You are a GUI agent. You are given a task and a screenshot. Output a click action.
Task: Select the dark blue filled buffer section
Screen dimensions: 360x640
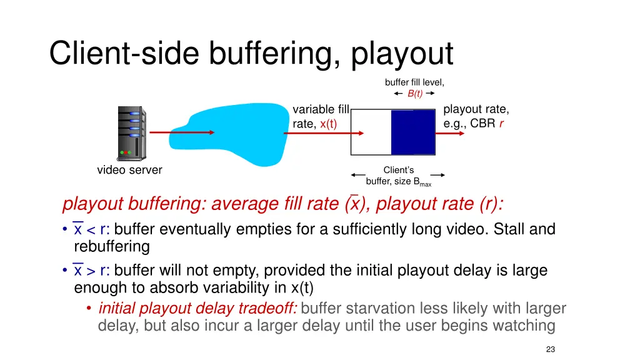click(x=412, y=132)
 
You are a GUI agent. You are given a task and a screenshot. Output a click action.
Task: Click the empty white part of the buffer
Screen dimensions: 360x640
click(x=371, y=132)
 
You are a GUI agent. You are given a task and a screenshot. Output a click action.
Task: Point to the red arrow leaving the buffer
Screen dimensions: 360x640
click(x=459, y=132)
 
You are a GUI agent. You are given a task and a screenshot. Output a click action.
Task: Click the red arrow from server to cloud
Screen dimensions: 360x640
click(x=182, y=132)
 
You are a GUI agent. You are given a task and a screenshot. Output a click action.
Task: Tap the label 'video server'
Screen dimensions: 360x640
click(x=129, y=170)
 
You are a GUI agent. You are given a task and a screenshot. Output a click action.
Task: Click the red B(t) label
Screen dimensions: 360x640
click(x=415, y=94)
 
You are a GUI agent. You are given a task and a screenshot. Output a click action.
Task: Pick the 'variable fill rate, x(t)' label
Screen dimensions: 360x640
click(x=321, y=117)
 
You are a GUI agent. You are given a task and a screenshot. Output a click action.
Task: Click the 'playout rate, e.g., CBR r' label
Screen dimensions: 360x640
click(x=476, y=116)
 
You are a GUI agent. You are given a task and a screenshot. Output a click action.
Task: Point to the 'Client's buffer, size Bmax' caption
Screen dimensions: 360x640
click(x=398, y=176)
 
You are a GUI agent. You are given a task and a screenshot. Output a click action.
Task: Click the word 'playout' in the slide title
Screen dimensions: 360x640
click(x=402, y=54)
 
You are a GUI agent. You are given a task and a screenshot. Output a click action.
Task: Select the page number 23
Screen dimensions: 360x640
click(x=550, y=349)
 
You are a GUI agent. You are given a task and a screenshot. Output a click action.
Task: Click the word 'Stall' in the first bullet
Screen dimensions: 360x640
click(x=509, y=229)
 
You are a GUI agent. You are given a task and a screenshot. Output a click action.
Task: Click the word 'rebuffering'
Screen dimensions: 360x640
click(x=112, y=246)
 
